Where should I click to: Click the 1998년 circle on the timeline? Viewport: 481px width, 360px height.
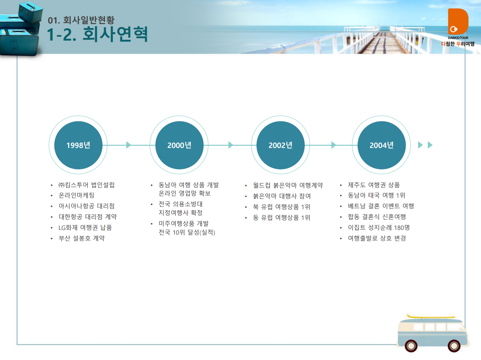[78, 145]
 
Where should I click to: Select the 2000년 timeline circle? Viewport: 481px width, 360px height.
[179, 145]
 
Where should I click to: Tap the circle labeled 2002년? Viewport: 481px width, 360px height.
[280, 145]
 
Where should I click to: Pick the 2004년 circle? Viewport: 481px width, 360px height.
[382, 145]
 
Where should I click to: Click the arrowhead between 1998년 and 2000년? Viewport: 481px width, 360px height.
[129, 145]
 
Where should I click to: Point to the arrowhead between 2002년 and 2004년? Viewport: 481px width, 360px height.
[334, 145]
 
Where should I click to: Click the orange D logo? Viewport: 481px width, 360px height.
[458, 21]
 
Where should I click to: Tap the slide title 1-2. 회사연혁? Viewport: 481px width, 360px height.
[97, 34]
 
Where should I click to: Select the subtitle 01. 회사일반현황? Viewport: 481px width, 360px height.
[81, 20]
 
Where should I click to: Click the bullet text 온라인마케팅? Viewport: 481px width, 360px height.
[76, 195]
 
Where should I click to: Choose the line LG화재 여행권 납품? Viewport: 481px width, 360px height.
[85, 228]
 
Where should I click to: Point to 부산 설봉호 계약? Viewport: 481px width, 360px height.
[82, 238]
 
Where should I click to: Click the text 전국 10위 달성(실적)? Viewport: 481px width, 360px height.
[187, 232]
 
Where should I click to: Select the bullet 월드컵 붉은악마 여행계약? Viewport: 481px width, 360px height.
[288, 185]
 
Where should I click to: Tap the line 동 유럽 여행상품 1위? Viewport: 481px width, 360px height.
[282, 218]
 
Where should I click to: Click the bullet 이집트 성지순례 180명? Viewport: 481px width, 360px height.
[379, 228]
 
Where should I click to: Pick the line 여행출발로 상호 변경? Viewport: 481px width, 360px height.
[377, 238]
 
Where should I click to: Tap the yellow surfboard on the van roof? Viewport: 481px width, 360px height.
[431, 317]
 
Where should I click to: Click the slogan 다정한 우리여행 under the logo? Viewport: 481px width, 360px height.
[458, 44]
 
